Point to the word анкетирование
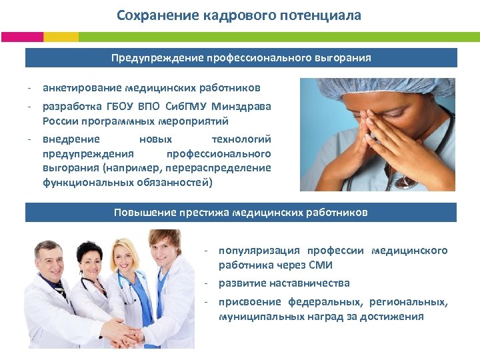(81, 87)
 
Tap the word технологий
(241, 139)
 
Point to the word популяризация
(259, 251)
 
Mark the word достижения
(392, 316)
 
